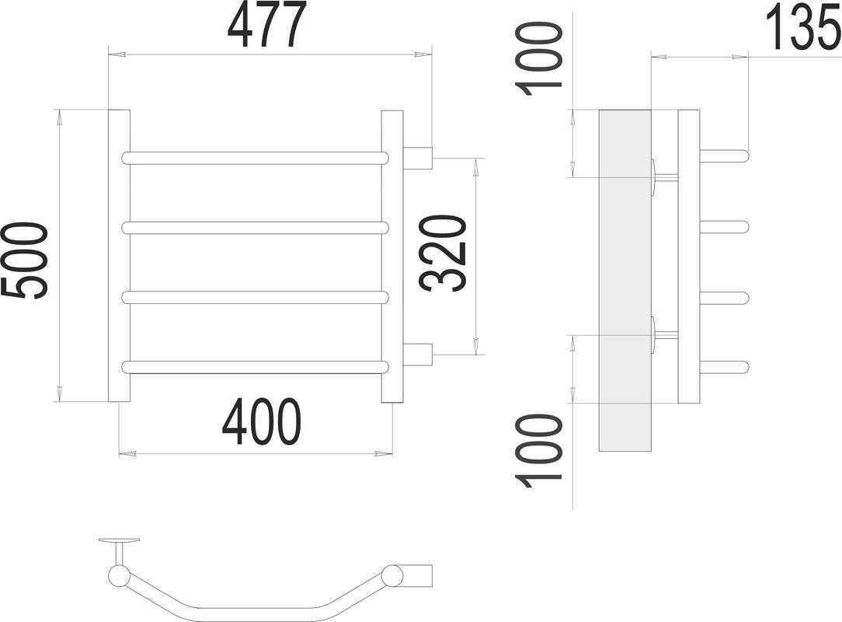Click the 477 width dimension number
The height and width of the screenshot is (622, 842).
263,26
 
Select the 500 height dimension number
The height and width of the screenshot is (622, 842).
25,260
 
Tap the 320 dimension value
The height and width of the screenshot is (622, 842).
444,254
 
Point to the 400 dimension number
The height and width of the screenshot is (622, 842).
261,423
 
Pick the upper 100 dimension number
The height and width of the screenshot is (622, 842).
541,59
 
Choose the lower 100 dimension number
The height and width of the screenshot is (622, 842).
541,451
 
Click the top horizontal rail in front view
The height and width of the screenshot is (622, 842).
255,158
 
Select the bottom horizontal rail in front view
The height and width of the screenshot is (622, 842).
255,366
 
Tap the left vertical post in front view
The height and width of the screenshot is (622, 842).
118,257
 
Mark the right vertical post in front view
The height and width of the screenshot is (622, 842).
392,257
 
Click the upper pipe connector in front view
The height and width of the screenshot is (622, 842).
418,158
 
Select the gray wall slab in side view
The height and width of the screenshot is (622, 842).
625,280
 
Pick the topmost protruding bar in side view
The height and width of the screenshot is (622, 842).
725,155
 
